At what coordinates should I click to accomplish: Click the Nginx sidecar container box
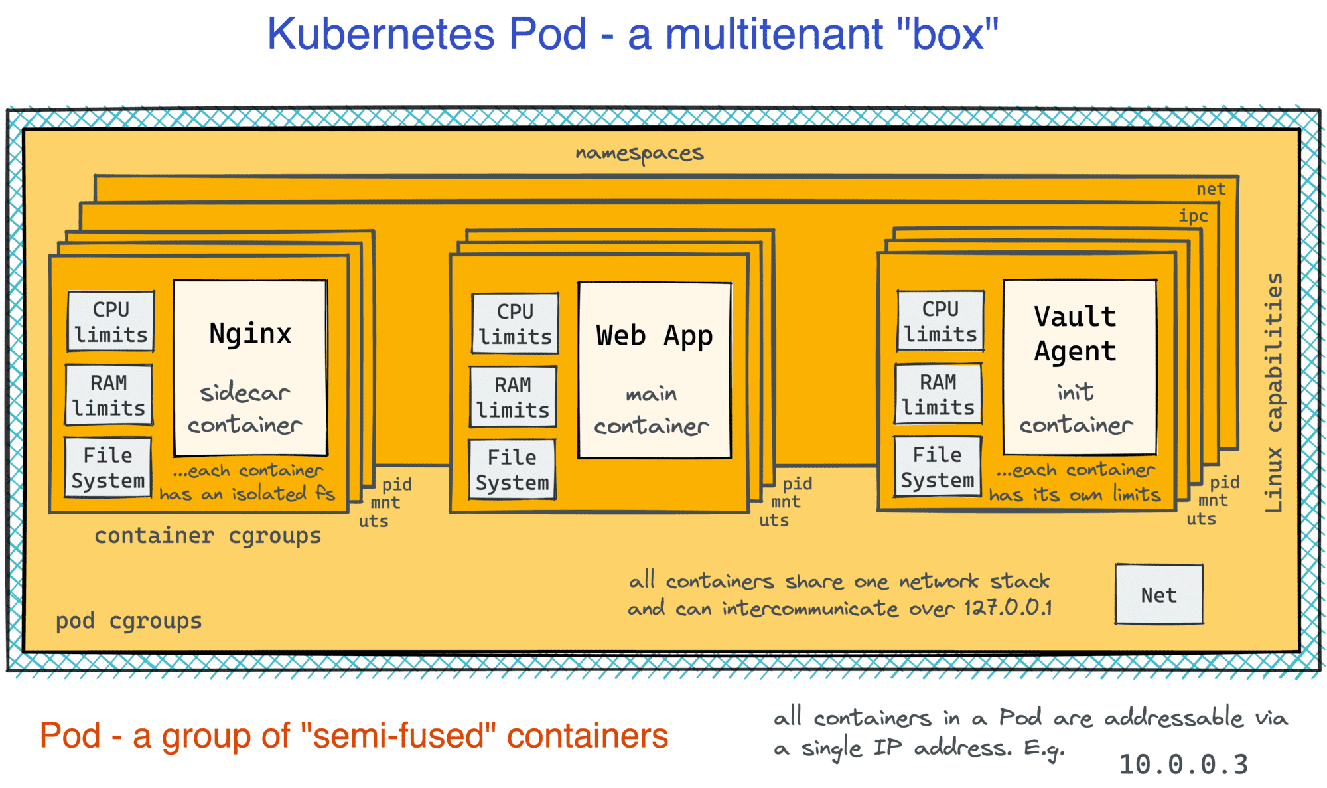(250, 368)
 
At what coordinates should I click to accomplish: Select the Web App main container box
(654, 370)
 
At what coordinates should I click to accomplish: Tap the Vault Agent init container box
(1080, 367)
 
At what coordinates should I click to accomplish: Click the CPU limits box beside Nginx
(111, 322)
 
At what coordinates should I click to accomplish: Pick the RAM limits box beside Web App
(513, 397)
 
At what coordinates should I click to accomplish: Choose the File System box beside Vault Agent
(937, 467)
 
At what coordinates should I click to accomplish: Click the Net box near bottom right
(1158, 595)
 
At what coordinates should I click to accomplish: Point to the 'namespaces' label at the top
(639, 153)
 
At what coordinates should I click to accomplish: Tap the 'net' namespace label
(1210, 189)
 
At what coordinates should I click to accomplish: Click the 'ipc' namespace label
(1193, 216)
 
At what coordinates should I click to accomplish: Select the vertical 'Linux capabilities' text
(1274, 392)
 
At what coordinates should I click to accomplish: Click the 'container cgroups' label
(208, 535)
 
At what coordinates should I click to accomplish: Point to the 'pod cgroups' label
(129, 621)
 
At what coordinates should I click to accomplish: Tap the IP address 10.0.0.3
(1183, 764)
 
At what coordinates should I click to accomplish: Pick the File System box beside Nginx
(108, 467)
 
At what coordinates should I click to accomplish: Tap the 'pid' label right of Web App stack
(797, 483)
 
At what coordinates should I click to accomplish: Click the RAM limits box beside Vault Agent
(938, 394)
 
